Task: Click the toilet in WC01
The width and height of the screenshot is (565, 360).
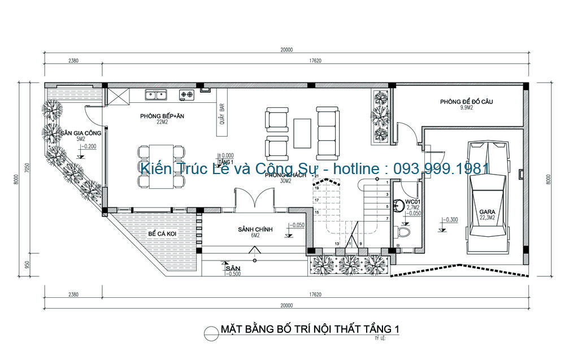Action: pos(405,232)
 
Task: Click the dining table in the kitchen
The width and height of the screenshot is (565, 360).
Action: pos(162,167)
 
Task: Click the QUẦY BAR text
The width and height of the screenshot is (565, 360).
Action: pos(223,116)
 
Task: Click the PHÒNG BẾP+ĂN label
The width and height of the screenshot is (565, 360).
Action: pos(163,116)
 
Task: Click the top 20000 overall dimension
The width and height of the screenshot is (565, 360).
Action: pos(286,49)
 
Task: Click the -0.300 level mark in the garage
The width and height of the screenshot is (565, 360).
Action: pos(451,220)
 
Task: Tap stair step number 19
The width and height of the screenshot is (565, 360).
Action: pos(317,188)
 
